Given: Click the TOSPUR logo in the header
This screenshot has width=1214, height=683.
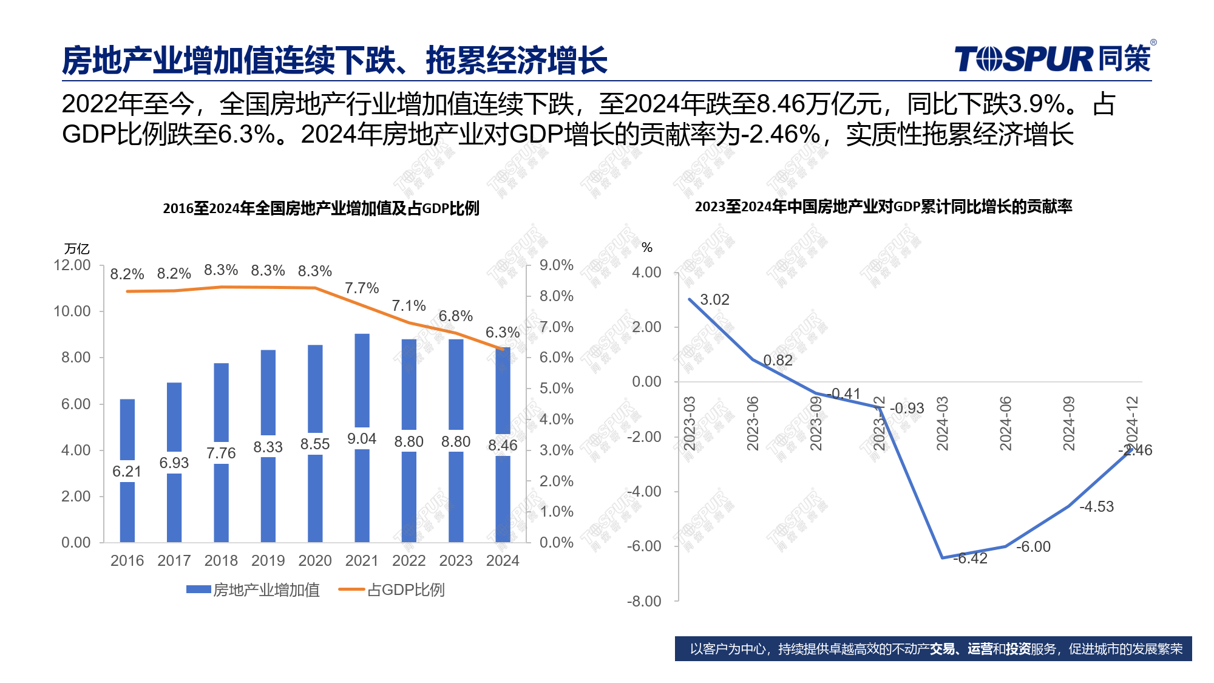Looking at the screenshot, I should [x=1053, y=59].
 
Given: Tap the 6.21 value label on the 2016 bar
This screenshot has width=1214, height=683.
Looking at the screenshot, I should [x=127, y=471].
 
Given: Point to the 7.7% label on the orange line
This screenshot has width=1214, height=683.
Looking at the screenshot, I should [x=362, y=288].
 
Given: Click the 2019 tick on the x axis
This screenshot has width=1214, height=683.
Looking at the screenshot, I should [x=268, y=560].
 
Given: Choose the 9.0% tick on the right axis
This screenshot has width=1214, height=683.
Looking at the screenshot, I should [x=556, y=265].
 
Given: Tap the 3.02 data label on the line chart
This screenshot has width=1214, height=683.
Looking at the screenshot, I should [x=714, y=300].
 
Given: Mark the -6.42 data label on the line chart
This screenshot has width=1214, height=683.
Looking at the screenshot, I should [x=971, y=559].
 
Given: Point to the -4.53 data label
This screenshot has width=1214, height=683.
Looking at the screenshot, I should [x=1096, y=507].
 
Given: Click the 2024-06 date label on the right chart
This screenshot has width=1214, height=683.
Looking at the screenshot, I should [x=1006, y=423].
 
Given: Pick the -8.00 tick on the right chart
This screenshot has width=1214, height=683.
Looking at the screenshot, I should [x=644, y=601].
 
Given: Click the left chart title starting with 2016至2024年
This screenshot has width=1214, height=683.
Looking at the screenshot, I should [x=321, y=208].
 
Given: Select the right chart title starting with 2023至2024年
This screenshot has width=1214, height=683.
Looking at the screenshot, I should [x=883, y=206].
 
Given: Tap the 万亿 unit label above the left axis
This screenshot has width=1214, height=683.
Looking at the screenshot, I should [x=77, y=249].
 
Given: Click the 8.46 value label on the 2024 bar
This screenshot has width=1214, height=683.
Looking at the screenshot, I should [x=503, y=445].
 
